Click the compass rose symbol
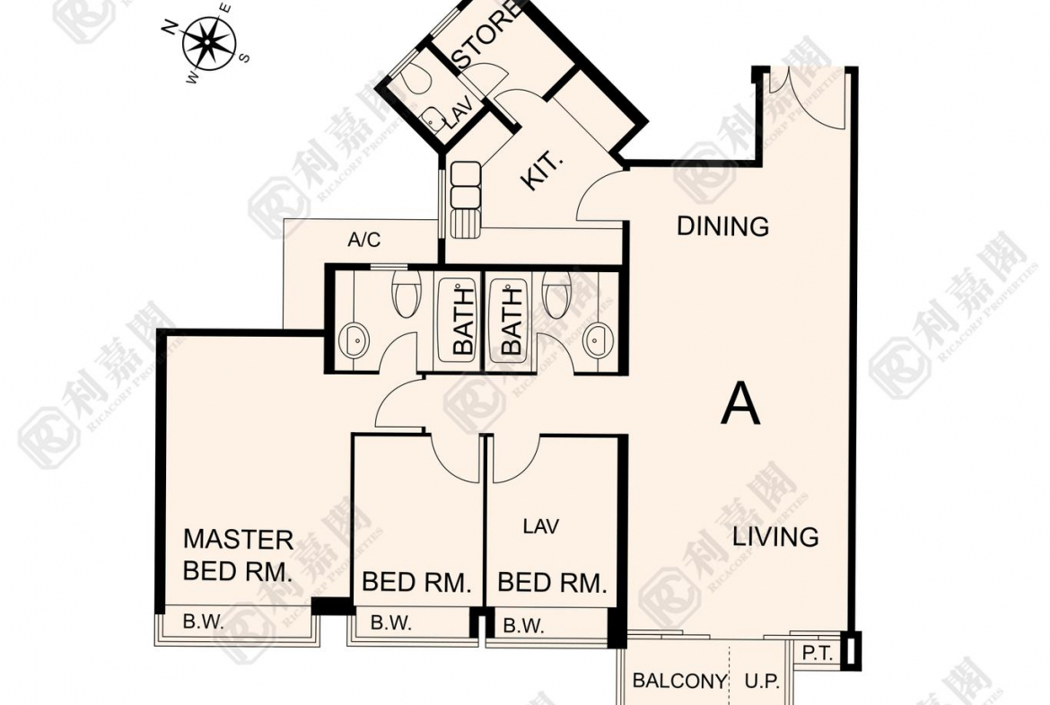coord(208,42)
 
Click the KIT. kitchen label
coord(542,171)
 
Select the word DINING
coord(722,226)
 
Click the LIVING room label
coord(775,537)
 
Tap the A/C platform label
coord(364,239)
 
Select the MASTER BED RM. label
coord(239,555)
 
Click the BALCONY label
coord(679,681)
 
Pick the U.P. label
coord(762,682)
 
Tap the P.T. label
coord(817,654)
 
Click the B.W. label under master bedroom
coord(203,621)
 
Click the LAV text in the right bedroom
coord(541,527)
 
